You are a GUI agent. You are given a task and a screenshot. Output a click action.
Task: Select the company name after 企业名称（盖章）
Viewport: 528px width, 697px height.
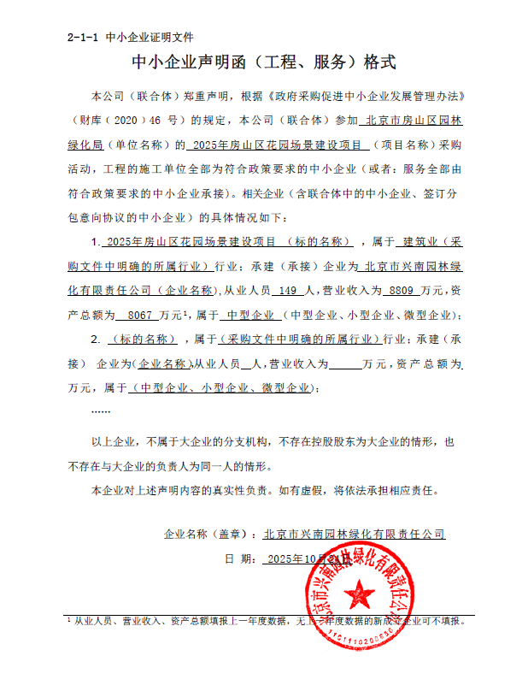(x=355, y=535)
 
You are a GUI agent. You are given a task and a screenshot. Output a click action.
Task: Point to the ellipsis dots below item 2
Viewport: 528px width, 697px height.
(x=101, y=411)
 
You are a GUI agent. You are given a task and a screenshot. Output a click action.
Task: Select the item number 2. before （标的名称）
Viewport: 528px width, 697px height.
(x=96, y=340)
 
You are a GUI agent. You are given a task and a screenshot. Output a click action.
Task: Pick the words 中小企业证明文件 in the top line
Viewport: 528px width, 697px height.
(x=150, y=38)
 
